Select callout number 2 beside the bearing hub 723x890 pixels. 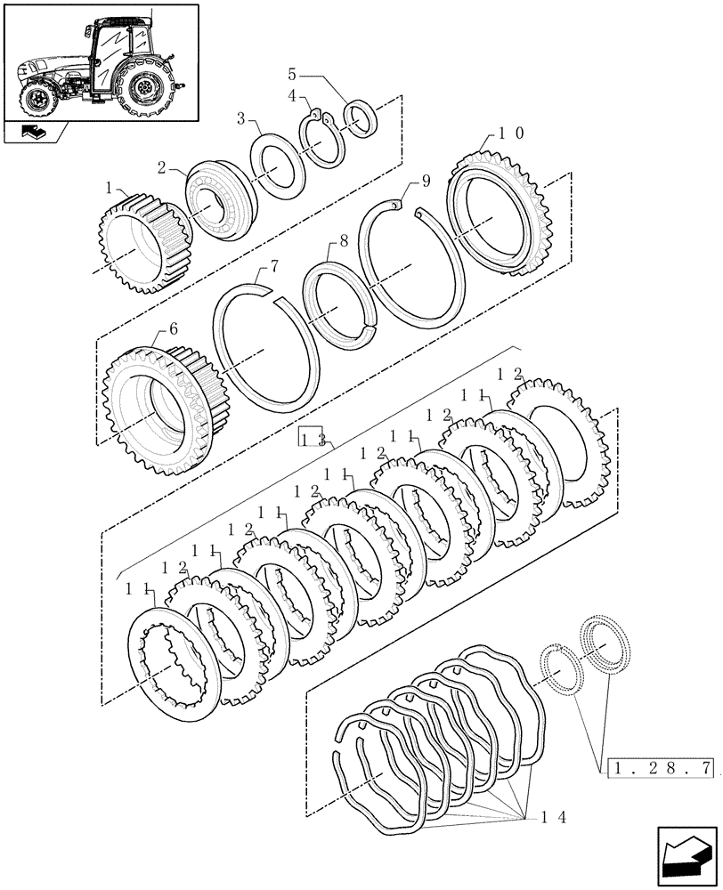162,166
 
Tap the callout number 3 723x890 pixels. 240,118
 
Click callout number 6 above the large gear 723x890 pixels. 173,328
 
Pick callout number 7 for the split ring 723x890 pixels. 274,266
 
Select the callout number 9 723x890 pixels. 426,181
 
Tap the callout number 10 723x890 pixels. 510,133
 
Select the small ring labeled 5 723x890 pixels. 361,120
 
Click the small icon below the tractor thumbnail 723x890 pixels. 36,134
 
